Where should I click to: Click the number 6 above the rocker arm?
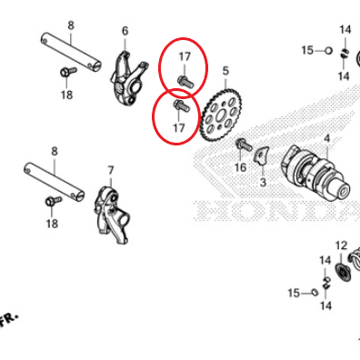coord(125,31)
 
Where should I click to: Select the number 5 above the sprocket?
coord(225,71)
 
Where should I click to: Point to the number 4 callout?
coord(326,139)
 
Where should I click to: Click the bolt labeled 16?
coord(244,145)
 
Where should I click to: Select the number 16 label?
coord(241,167)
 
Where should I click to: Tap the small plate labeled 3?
coord(261,155)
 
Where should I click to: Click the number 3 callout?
coord(263,182)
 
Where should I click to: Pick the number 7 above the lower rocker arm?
coord(111,170)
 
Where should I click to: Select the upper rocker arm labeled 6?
coord(128,79)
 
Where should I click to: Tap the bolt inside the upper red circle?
coord(185,82)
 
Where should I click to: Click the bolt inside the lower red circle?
coord(181,105)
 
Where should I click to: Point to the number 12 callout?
coord(341,245)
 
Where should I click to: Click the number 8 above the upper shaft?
coord(71,25)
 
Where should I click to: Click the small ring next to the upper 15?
coord(328,51)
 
